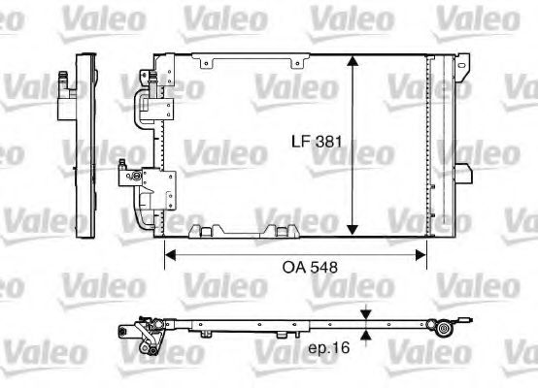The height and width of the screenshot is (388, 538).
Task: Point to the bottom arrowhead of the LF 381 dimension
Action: [352, 232]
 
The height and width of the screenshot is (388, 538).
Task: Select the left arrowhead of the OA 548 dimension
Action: [169, 255]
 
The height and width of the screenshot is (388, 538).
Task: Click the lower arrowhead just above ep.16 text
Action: [366, 336]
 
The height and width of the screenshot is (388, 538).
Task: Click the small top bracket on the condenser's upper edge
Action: [205, 62]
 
